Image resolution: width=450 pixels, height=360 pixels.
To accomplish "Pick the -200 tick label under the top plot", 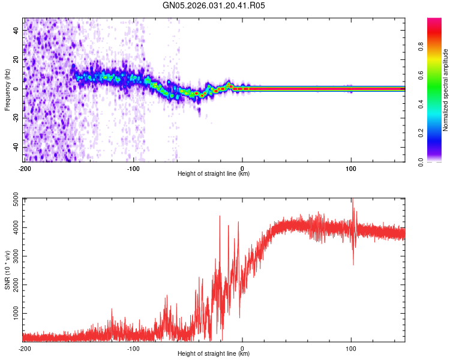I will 25,168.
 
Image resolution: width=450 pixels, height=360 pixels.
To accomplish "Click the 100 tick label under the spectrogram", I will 351,168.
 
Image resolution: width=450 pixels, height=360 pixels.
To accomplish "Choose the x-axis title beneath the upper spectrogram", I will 214,174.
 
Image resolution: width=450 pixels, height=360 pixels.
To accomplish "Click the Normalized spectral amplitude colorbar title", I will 445,90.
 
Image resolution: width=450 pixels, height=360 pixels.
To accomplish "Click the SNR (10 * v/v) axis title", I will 7,269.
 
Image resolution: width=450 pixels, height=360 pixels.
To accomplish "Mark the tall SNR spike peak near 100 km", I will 352,200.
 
